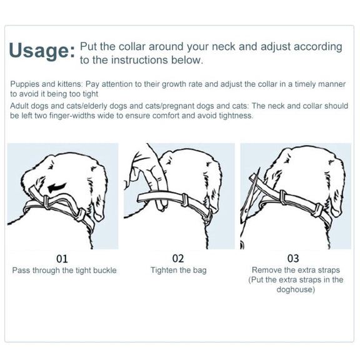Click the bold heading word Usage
[x=41, y=51]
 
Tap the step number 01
[x=62, y=259]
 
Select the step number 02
[x=178, y=259]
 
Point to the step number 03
[x=293, y=259]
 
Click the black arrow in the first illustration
[x=57, y=187]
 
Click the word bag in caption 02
[x=199, y=271]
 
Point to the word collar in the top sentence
[x=132, y=47]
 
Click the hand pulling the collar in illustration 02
[x=147, y=174]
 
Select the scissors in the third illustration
[x=249, y=195]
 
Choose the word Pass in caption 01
[x=21, y=270]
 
